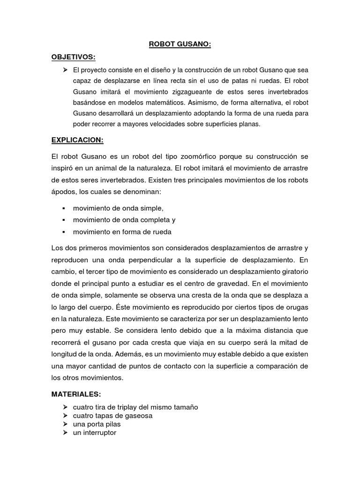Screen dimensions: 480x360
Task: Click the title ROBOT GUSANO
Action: tap(180, 45)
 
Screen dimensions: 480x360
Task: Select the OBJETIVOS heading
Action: tap(73, 57)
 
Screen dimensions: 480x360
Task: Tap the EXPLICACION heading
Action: tap(77, 140)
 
